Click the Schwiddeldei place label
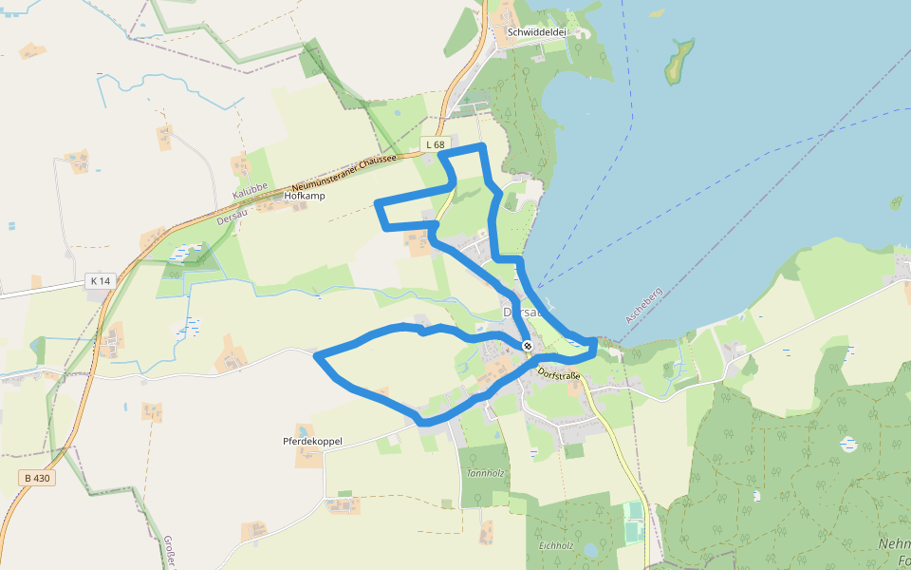(x=537, y=31)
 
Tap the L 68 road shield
(x=435, y=144)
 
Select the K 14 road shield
(x=99, y=280)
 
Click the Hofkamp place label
(x=305, y=197)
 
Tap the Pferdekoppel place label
(x=312, y=442)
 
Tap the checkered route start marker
(x=527, y=346)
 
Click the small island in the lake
(x=679, y=62)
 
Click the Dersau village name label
(x=521, y=312)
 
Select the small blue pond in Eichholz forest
(x=590, y=549)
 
